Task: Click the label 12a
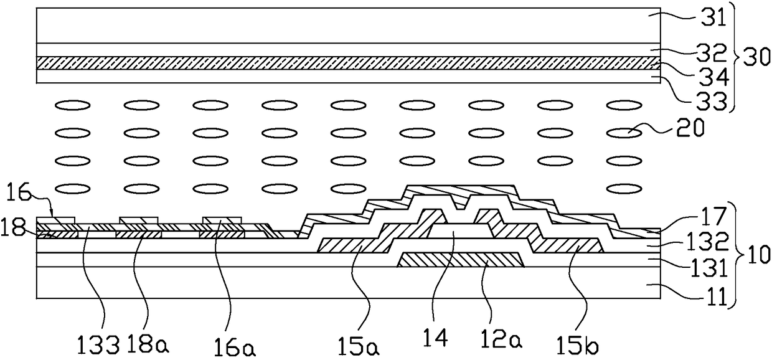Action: click(x=499, y=341)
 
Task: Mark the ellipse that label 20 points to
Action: click(x=624, y=132)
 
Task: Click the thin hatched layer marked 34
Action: click(x=349, y=62)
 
